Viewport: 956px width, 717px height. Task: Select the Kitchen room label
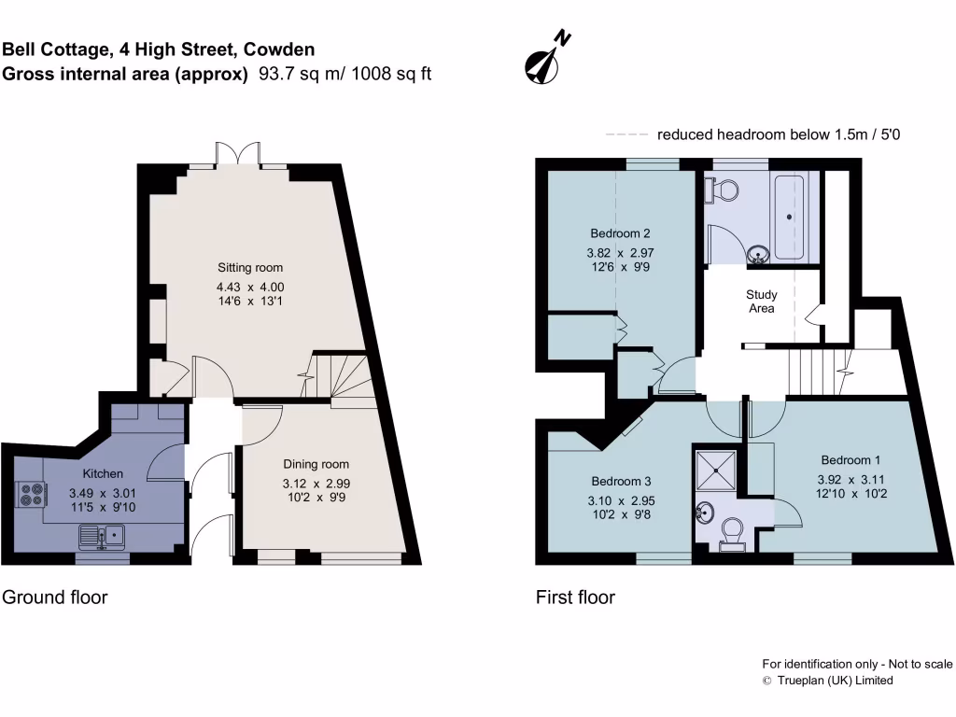point(103,473)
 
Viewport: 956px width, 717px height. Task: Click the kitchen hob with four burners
point(30,493)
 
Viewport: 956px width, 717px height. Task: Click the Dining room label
point(316,464)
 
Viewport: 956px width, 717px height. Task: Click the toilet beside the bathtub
point(724,190)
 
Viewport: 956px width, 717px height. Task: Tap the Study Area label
point(761,302)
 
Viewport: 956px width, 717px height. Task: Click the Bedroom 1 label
point(851,459)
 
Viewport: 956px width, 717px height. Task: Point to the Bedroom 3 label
point(621,481)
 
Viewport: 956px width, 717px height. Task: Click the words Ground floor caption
point(54,597)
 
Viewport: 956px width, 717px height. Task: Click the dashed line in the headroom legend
point(627,134)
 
